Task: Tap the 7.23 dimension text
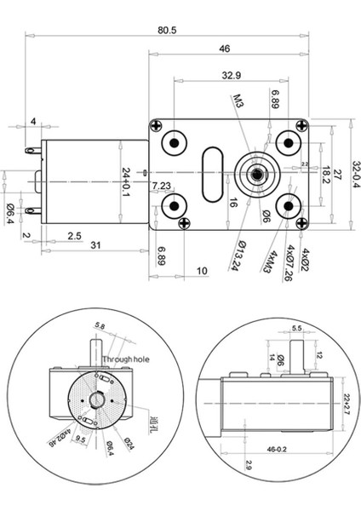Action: pos(161,186)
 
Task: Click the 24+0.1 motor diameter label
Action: pos(125,182)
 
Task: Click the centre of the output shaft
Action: pos(255,175)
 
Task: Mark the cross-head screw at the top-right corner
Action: pos(307,126)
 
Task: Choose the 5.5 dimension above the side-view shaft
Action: pos(297,327)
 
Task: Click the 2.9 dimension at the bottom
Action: pos(223,467)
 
